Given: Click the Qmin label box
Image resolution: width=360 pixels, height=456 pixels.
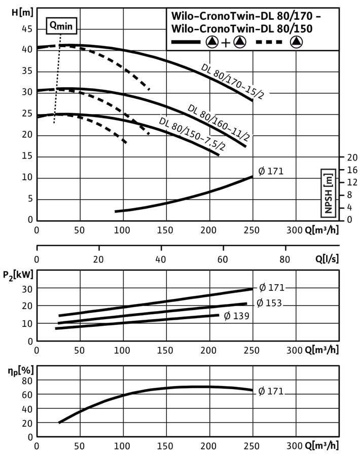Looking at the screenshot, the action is point(61,26).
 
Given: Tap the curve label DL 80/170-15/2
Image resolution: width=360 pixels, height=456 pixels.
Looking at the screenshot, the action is point(233,82).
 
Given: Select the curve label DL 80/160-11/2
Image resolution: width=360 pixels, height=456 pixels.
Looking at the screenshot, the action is point(219,122).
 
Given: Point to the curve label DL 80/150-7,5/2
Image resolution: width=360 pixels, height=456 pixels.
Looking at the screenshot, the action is point(192,134).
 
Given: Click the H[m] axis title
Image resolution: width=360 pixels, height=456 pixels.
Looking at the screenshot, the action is point(22,13).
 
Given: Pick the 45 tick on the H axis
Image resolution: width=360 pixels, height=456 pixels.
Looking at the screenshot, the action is point(27,29).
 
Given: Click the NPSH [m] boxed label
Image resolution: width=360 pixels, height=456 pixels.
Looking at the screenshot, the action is point(328,193).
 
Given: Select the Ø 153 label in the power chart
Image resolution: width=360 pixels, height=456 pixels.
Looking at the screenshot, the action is point(269,303).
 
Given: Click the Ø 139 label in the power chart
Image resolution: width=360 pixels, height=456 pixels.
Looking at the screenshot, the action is point(237,316).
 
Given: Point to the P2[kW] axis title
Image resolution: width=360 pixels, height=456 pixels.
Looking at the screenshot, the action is point(18,275).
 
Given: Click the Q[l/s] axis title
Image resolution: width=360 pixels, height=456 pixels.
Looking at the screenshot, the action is point(327,258).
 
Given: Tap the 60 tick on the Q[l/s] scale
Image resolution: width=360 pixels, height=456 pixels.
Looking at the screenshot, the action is point(223,259).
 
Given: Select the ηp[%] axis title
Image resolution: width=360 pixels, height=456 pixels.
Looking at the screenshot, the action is point(21,371).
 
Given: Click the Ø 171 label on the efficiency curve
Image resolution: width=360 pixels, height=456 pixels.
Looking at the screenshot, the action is point(271,391).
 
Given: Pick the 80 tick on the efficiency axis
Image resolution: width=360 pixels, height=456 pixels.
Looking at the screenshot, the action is point(27,381).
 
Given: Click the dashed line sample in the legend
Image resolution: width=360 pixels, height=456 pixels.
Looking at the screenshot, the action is point(269,42).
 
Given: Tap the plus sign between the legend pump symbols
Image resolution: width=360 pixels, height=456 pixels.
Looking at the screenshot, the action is point(226,43).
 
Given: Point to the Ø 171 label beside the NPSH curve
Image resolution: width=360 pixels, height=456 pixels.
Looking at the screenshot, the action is point(271,171).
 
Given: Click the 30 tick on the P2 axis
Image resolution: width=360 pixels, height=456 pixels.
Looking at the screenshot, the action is point(27,289).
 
